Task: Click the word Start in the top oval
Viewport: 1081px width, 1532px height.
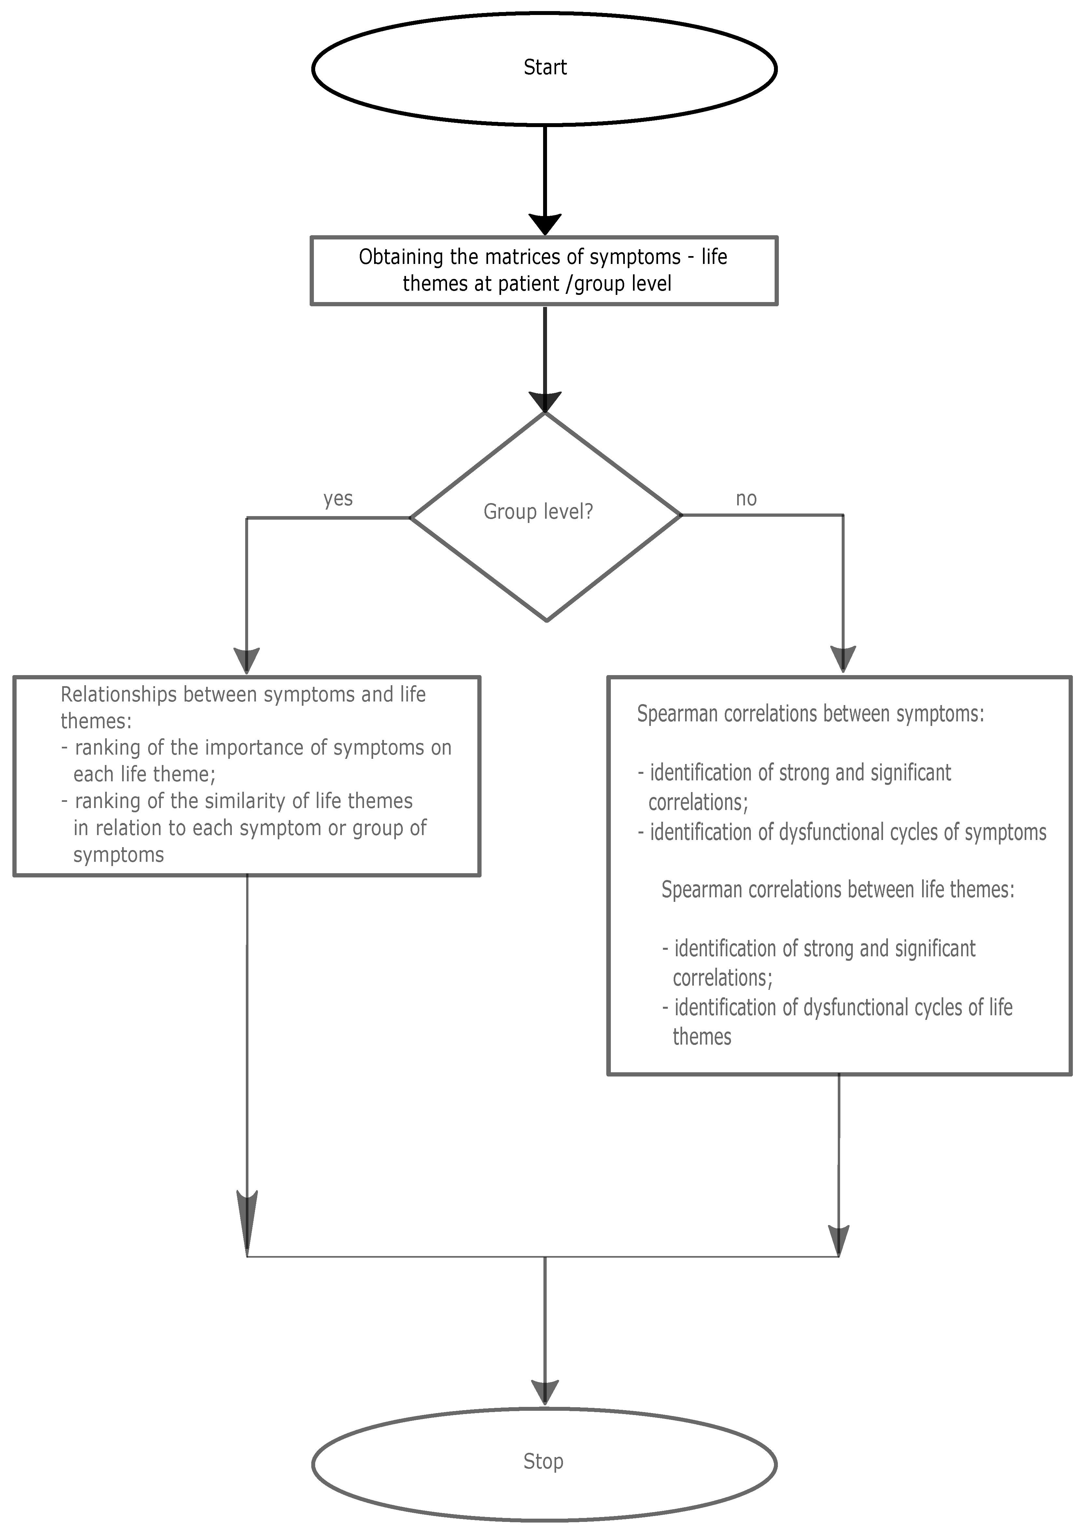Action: click(x=545, y=67)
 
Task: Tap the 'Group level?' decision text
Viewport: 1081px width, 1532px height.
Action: click(x=538, y=512)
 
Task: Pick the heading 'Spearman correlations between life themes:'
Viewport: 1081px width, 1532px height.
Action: click(x=837, y=889)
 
